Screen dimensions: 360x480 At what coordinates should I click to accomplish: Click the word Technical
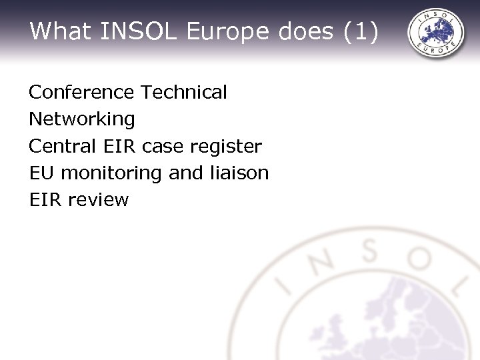click(x=185, y=92)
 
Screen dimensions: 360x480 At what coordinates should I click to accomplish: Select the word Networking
click(x=82, y=119)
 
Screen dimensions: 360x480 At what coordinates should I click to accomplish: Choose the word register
click(x=229, y=147)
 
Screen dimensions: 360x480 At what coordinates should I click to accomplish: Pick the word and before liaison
click(x=184, y=173)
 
